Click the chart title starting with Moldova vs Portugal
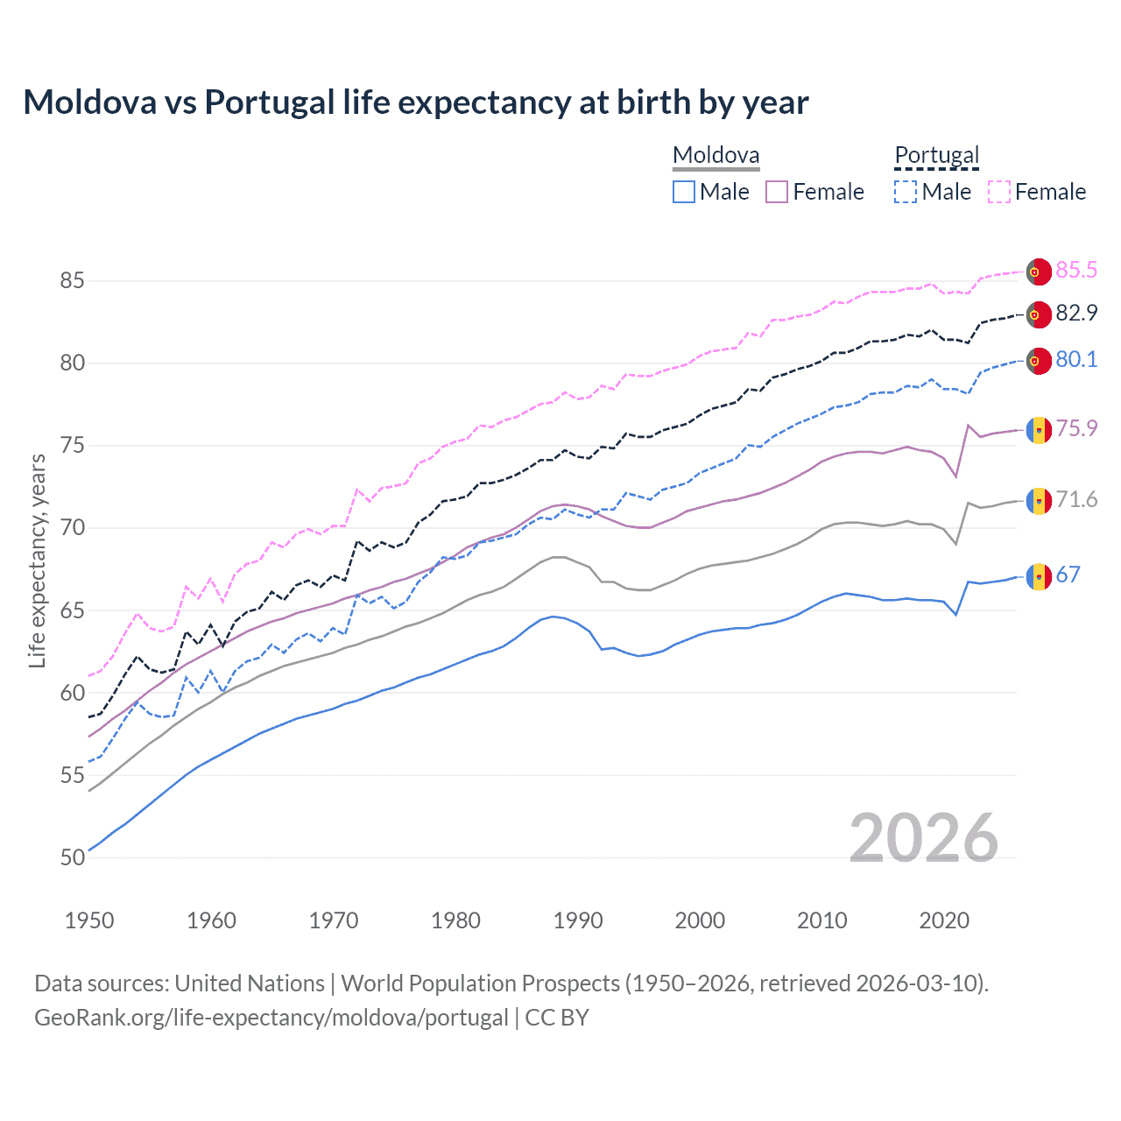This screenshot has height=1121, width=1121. (x=416, y=102)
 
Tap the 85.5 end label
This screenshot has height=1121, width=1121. (x=1075, y=271)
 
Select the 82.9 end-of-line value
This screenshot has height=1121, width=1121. (x=1075, y=314)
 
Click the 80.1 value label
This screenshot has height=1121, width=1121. (x=1075, y=360)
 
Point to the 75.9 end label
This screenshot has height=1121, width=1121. (x=1075, y=429)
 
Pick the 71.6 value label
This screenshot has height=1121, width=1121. (x=1075, y=500)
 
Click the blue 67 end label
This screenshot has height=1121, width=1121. (x=1068, y=575)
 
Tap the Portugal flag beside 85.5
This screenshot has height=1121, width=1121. (x=1039, y=271)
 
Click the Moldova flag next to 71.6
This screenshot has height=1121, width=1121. (x=1039, y=501)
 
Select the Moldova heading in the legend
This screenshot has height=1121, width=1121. (x=716, y=156)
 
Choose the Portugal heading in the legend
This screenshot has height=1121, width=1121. (x=936, y=156)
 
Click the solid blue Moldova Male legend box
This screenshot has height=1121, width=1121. (x=684, y=192)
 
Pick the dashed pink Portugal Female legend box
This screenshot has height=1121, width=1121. (x=999, y=192)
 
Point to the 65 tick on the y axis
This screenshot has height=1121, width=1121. (x=73, y=610)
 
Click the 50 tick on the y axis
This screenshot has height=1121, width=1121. (x=73, y=858)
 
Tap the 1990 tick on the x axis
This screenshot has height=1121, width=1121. (x=578, y=920)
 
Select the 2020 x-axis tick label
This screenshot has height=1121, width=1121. (x=944, y=920)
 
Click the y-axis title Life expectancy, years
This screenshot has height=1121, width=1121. (x=37, y=560)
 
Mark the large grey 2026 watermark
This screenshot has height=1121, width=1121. (x=923, y=838)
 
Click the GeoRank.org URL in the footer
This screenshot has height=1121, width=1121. (x=271, y=1018)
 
